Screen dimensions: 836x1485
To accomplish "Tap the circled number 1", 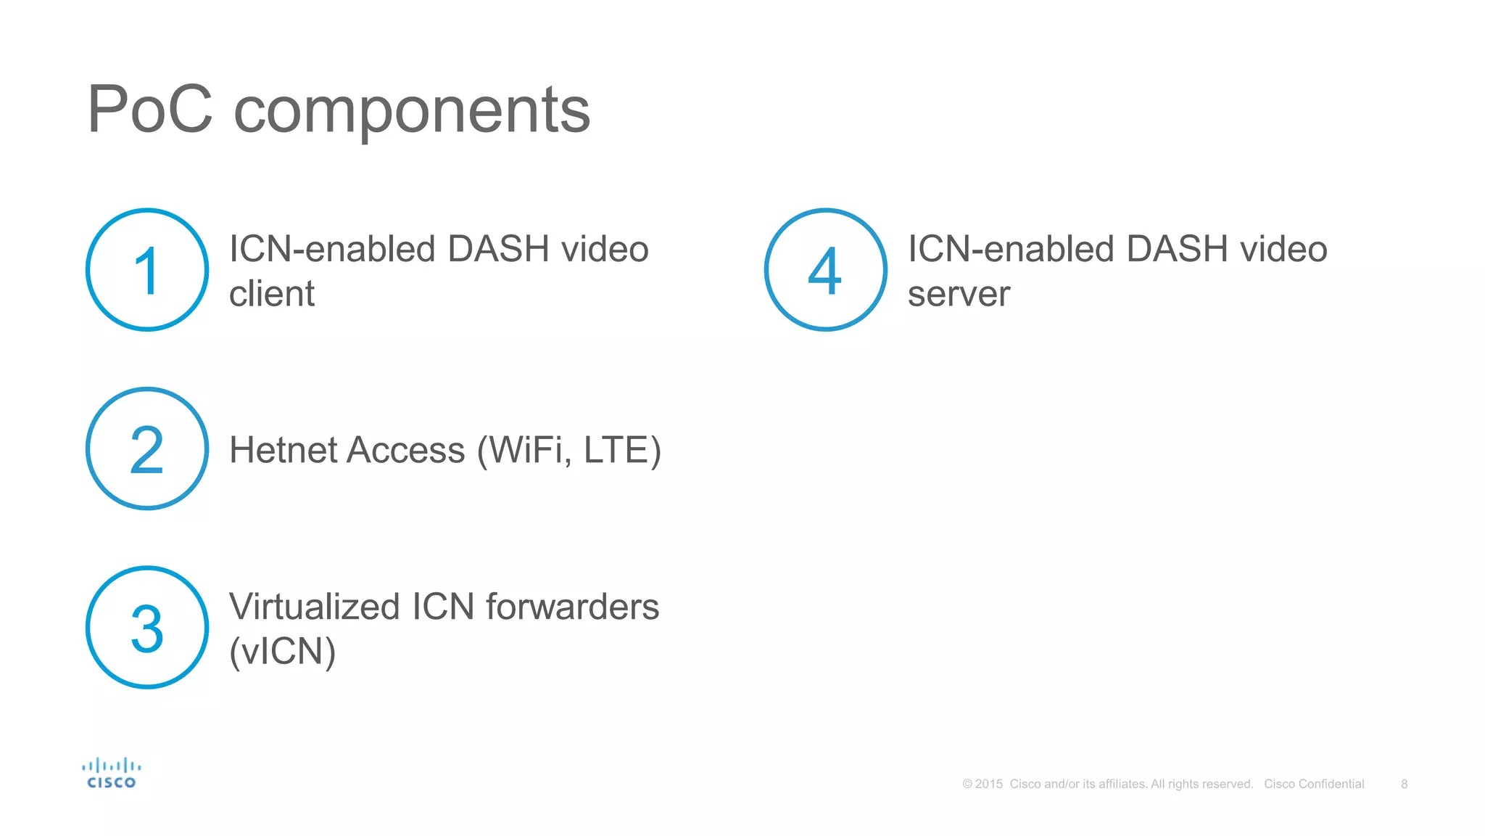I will (x=147, y=270).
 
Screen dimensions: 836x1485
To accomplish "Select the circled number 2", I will (x=147, y=449).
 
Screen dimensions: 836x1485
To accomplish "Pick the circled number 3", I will (x=147, y=628).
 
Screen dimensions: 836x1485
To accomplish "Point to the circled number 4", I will (x=825, y=270).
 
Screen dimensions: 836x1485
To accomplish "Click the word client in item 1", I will (x=272, y=294).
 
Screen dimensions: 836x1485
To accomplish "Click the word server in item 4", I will (x=959, y=294).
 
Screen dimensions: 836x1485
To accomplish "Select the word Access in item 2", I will (x=406, y=450).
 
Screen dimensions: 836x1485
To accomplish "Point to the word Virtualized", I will (x=314, y=607).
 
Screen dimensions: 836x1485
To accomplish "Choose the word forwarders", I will (x=572, y=607).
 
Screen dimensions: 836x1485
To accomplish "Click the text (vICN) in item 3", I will (x=282, y=652).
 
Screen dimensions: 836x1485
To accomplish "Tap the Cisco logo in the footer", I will (x=111, y=774).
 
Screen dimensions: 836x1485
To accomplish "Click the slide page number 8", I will (x=1404, y=784).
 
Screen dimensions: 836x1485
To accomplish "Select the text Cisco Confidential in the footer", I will (x=1314, y=784).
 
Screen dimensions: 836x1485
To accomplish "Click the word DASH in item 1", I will (x=498, y=249).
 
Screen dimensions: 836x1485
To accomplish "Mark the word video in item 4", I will (x=1283, y=249).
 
